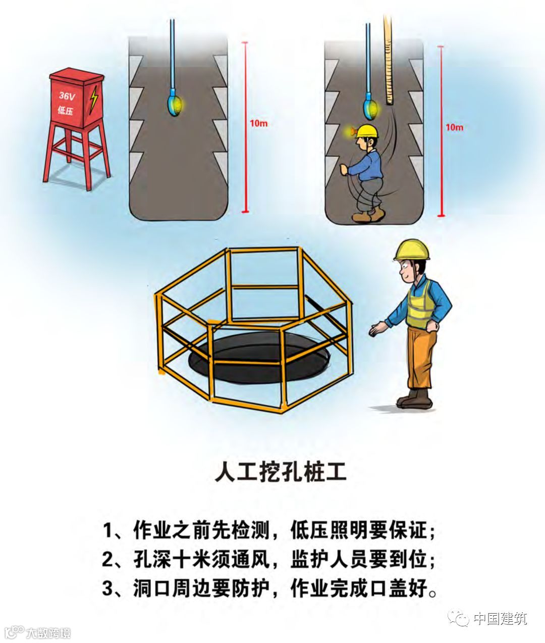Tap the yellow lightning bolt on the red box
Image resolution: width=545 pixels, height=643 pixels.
click(x=93, y=99)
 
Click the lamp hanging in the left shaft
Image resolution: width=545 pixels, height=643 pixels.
click(x=175, y=103)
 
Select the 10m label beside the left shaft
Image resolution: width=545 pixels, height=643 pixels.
click(x=258, y=123)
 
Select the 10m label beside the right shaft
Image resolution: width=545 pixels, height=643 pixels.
click(x=454, y=127)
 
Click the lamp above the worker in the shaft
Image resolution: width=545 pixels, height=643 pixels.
click(x=371, y=106)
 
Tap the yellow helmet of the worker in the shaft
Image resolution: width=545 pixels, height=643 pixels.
click(x=367, y=131)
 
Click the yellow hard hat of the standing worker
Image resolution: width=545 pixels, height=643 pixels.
click(x=412, y=250)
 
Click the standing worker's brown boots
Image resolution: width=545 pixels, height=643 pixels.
click(x=414, y=400)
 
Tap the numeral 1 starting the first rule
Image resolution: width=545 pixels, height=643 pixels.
click(x=107, y=530)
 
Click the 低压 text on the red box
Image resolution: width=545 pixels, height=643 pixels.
click(x=66, y=110)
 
